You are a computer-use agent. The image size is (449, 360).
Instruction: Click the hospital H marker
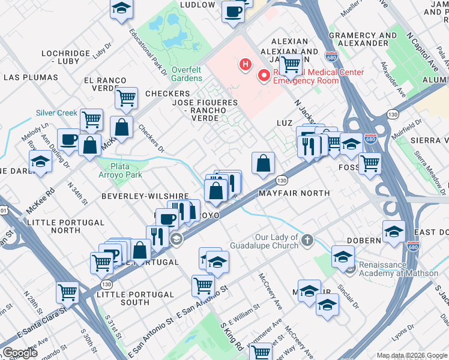point(245,64)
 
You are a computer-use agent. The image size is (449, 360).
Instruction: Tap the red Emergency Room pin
point(263,76)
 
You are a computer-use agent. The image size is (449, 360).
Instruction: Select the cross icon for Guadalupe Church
point(307,241)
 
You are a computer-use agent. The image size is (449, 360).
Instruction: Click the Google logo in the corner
point(19,353)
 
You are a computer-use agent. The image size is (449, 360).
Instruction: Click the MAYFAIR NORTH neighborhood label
point(294,193)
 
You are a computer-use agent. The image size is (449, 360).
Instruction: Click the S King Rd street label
point(231,338)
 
